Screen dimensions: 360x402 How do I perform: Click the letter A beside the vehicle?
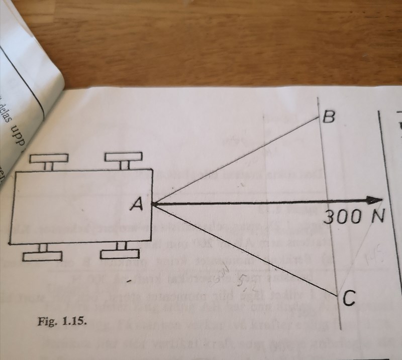(x=136, y=204)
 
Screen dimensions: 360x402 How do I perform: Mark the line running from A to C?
(x=246, y=250)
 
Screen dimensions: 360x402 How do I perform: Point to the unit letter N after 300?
(x=372, y=217)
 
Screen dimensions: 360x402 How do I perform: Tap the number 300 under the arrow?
(x=340, y=217)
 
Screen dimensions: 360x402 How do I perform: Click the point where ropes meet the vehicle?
(x=153, y=204)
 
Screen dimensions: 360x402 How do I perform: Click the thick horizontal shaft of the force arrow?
(x=261, y=203)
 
